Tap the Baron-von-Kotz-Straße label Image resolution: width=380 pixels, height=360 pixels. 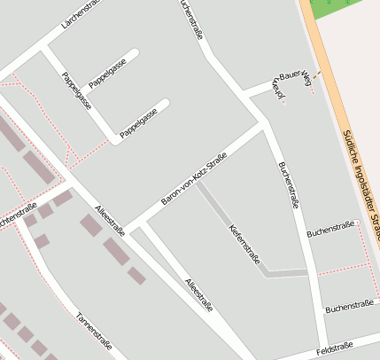pos(193,181)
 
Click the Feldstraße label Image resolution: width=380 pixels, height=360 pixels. pos(334,348)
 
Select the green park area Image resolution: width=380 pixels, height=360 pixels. pos(341,9)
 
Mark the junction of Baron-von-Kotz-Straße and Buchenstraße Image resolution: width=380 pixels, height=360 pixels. pos(263,126)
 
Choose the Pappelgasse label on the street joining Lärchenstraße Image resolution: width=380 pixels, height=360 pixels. pos(77,91)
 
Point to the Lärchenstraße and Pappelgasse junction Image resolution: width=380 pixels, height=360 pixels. pos(43,50)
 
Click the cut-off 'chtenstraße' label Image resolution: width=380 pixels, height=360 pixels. pos(18,215)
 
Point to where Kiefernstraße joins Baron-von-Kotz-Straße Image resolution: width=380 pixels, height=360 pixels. pos(198,183)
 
